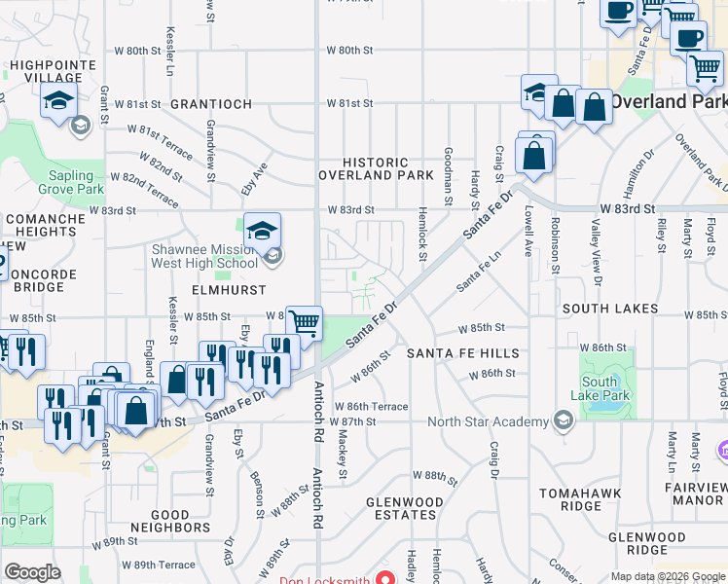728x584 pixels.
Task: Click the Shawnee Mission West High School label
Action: pyautogui.click(x=203, y=256)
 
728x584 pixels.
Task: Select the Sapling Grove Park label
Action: pyautogui.click(x=62, y=183)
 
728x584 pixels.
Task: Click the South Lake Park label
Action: pyautogui.click(x=604, y=389)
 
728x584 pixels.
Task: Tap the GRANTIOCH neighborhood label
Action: pyautogui.click(x=211, y=104)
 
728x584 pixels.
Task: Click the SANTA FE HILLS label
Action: pyautogui.click(x=462, y=352)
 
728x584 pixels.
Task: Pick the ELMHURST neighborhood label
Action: pyautogui.click(x=202, y=289)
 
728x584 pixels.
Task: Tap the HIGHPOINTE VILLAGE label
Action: pyautogui.click(x=46, y=71)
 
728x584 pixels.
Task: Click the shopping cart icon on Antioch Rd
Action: pyautogui.click(x=305, y=321)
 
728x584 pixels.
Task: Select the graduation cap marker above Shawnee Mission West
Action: pyautogui.click(x=262, y=232)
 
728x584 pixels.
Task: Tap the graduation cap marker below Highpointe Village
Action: pyautogui.click(x=58, y=101)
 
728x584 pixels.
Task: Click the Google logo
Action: pyautogui.click(x=32, y=572)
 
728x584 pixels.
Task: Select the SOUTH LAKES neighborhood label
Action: pyautogui.click(x=609, y=309)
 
